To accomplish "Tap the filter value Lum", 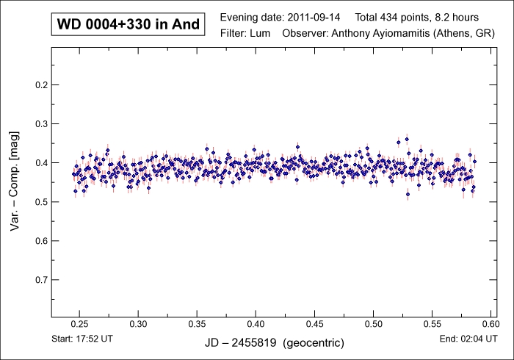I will pos(261,33).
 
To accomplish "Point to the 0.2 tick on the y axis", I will pos(41,85).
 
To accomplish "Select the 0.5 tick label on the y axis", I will pos(41,202).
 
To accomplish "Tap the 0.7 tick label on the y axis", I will pos(41,280).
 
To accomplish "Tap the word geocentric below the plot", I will pos(314,342).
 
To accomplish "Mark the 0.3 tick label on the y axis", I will pos(41,124).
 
